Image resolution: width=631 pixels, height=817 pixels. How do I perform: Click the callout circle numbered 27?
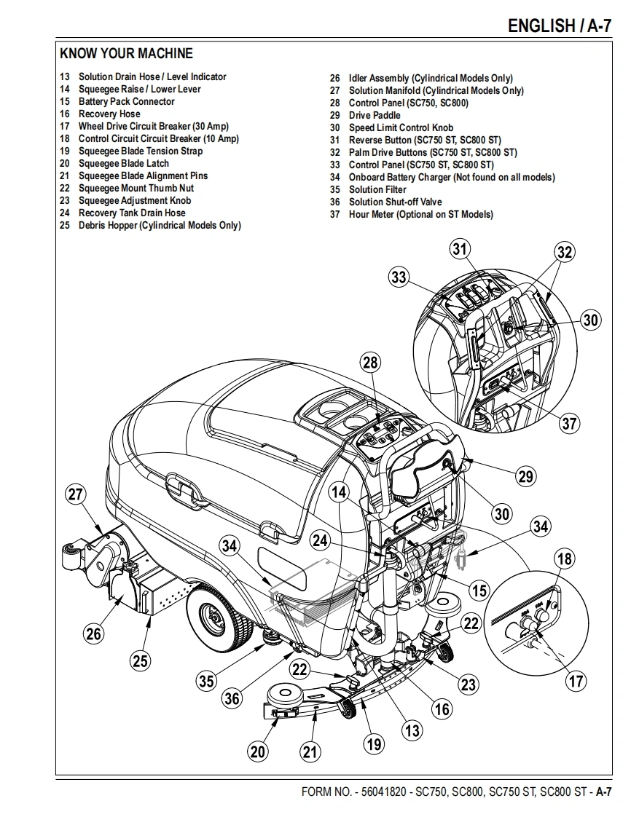(x=76, y=495)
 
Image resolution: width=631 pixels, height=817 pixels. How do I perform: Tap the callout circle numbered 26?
(x=94, y=634)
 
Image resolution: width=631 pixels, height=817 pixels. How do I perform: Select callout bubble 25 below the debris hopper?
(x=141, y=661)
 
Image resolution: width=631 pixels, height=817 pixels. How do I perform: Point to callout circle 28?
(x=371, y=363)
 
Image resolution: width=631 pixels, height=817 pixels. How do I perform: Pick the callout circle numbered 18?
(x=565, y=559)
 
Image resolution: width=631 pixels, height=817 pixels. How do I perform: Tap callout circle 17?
(x=576, y=682)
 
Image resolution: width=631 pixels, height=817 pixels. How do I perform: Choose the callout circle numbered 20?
(x=258, y=751)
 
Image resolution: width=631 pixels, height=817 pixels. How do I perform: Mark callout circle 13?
(x=412, y=730)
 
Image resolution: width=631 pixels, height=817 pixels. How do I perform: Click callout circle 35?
(x=207, y=682)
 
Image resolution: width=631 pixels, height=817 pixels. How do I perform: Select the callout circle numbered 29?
(x=526, y=477)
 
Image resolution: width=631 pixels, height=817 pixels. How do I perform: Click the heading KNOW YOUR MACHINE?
(x=126, y=53)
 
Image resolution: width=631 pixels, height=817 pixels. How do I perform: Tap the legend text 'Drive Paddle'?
(x=375, y=115)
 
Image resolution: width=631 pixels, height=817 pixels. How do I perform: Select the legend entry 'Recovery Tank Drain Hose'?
(x=132, y=213)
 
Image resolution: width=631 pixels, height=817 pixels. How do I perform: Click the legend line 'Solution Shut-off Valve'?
(x=395, y=202)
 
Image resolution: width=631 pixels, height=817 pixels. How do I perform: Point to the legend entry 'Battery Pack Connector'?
(x=126, y=101)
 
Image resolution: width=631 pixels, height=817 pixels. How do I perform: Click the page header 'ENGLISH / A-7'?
(x=559, y=26)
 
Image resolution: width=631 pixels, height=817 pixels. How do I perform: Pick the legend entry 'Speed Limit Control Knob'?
(x=401, y=127)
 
